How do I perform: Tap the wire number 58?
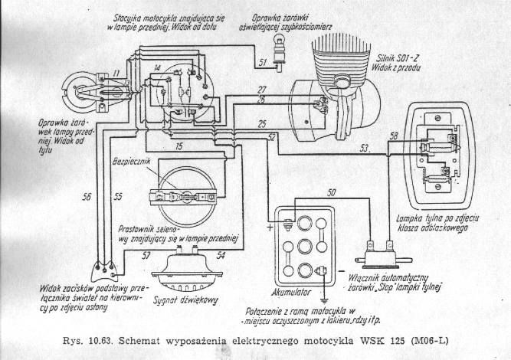[394, 136]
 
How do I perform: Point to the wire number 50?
[331, 191]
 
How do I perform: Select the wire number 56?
[87, 197]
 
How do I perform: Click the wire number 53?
[365, 147]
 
